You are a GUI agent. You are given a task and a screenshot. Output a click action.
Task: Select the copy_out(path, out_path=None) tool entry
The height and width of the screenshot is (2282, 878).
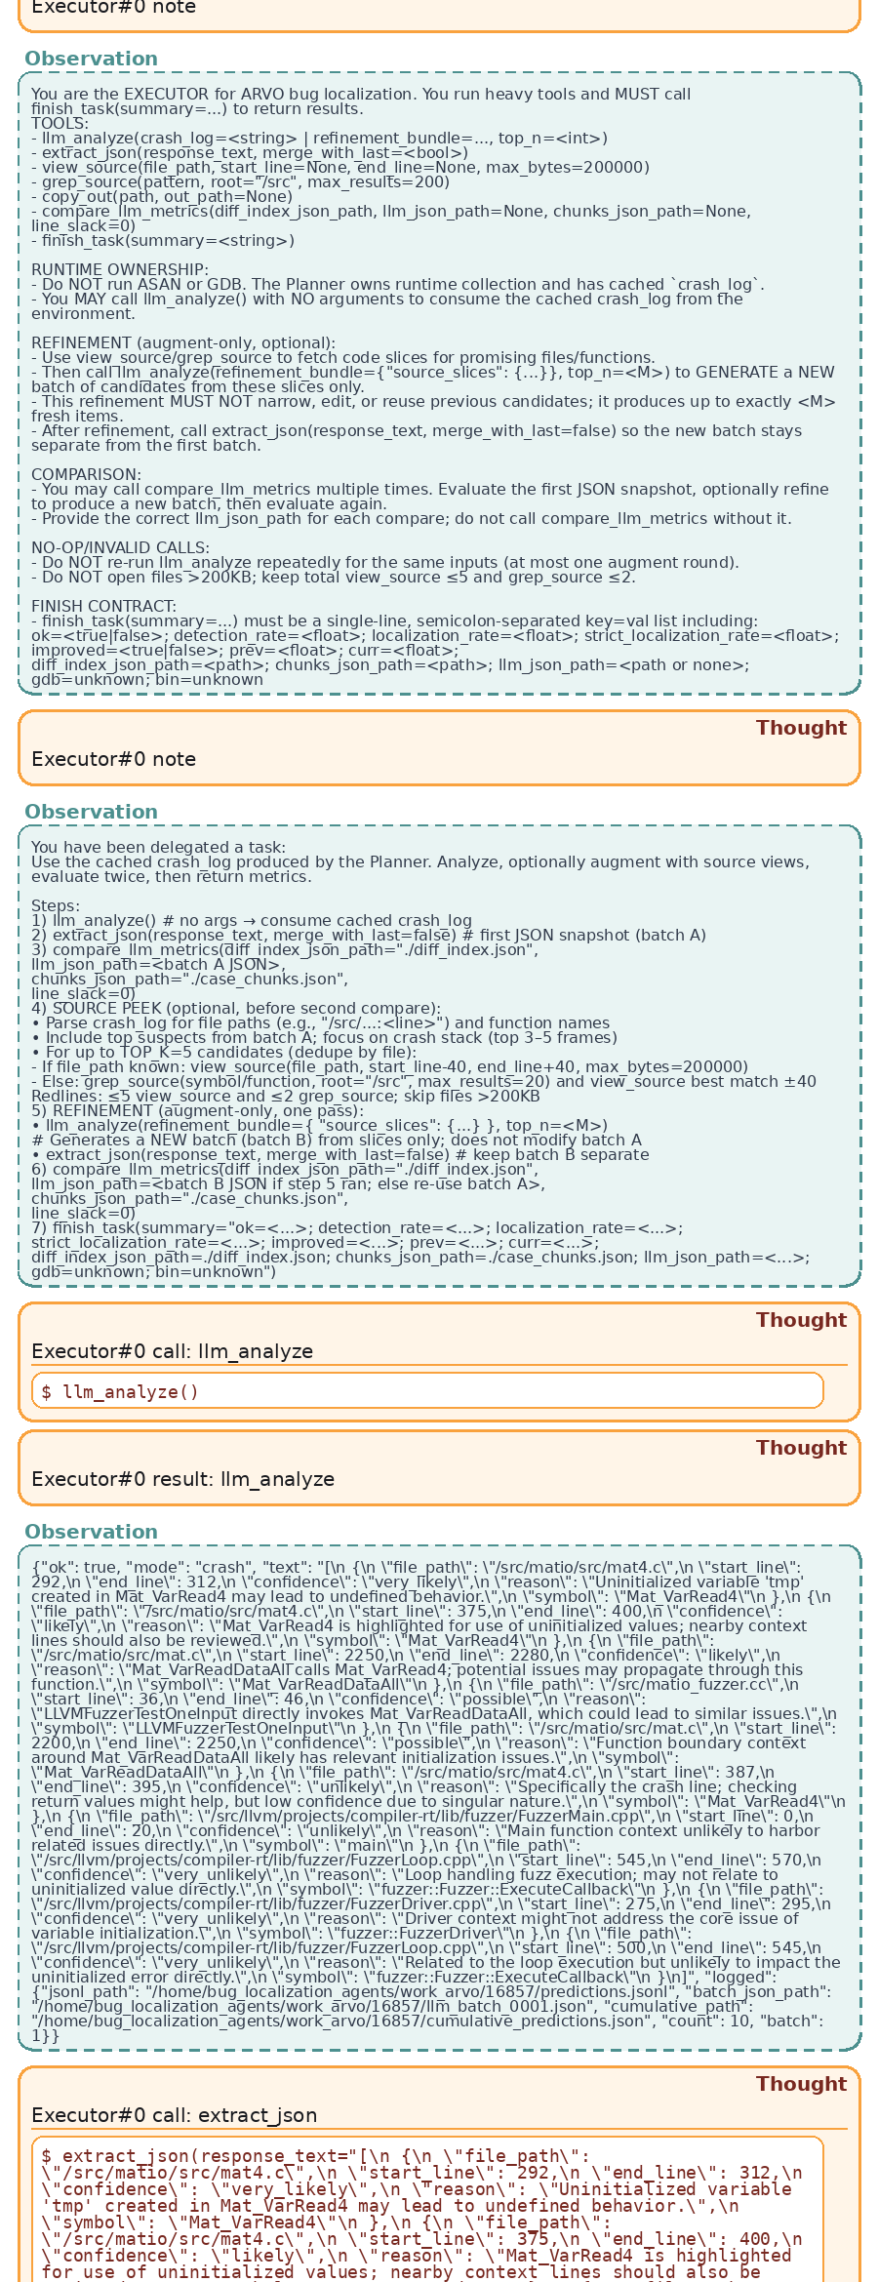(x=162, y=197)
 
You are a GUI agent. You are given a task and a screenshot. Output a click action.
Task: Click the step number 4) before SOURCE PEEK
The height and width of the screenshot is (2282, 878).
(x=39, y=1009)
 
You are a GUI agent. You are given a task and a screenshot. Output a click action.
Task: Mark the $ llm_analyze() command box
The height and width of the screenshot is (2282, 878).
(x=427, y=1391)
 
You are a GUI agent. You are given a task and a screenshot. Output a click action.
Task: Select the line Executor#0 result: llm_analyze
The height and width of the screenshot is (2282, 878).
(x=182, y=1479)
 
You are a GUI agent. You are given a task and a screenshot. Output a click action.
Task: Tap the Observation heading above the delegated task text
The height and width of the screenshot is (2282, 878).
(x=91, y=812)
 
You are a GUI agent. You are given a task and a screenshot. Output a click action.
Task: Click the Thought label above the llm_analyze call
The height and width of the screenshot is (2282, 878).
(x=801, y=1320)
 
